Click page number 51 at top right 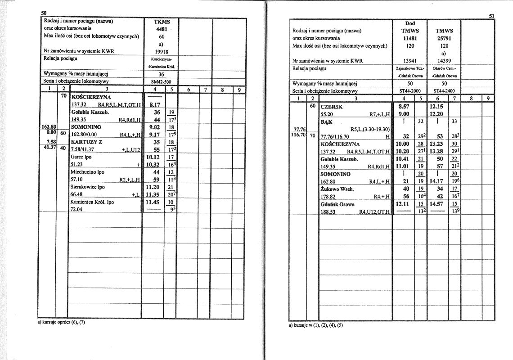click(492, 16)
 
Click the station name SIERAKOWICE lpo click(88, 186)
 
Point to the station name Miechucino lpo click(87, 171)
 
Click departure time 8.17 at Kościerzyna click(155, 104)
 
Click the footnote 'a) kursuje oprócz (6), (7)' click(61, 322)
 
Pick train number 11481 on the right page click(410, 38)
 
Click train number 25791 click(444, 38)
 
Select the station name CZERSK click(332, 107)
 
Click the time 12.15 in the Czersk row click(436, 107)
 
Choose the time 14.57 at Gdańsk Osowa click(436, 204)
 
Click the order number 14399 click(444, 61)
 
